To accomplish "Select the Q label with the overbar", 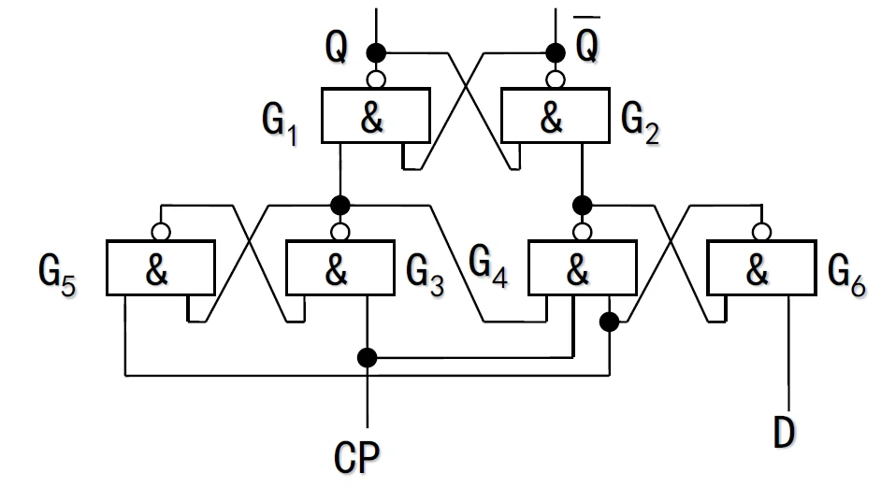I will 587,44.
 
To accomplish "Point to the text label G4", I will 488,267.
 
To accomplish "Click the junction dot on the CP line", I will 368,356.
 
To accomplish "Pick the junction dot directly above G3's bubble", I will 339,203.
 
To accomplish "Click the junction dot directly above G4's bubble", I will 583,203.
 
